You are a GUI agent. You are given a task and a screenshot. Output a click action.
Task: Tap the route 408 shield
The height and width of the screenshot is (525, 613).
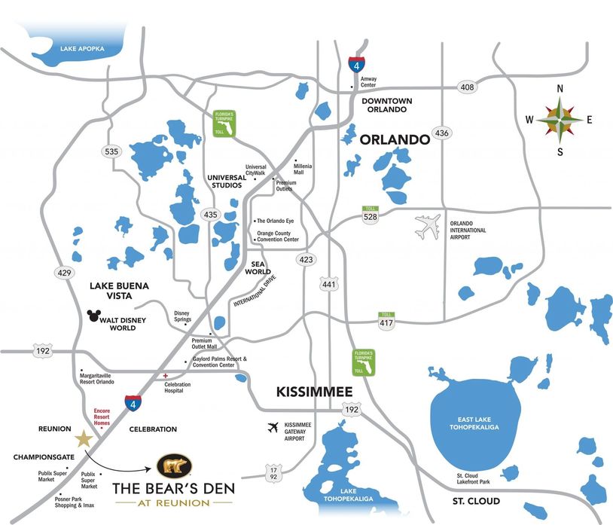[x=468, y=88]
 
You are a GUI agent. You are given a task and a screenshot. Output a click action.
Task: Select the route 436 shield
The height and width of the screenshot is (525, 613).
[x=442, y=133]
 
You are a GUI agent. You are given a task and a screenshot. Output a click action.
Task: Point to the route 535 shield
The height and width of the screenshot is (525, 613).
[x=111, y=151]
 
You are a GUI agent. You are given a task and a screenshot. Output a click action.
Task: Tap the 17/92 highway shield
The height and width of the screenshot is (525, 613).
[x=275, y=475]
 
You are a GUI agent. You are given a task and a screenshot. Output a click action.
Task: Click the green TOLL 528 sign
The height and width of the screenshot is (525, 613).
[x=370, y=214]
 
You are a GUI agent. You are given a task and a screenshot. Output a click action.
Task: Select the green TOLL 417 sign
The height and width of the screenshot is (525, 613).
[x=387, y=319]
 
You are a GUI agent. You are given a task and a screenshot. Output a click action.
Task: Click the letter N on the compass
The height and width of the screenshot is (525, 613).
[x=560, y=89]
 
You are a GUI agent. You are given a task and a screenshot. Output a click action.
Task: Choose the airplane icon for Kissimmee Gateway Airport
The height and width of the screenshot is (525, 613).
[x=273, y=428]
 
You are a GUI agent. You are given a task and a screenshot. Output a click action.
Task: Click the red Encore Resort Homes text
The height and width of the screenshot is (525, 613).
[x=102, y=417]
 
